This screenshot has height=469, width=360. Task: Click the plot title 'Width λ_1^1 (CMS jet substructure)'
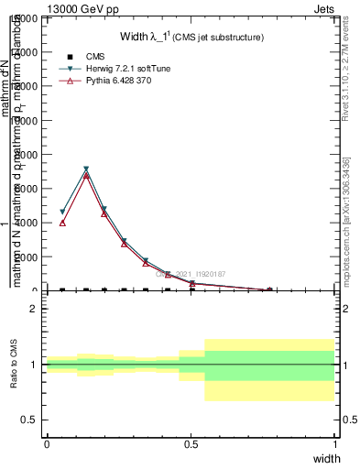click(191, 38)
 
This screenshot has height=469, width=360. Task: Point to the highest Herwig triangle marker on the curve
click(86, 169)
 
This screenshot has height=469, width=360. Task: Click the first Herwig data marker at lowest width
click(62, 212)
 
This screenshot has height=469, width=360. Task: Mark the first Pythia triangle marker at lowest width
click(62, 223)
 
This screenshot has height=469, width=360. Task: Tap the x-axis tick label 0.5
click(191, 443)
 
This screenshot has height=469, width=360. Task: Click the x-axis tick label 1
click(335, 443)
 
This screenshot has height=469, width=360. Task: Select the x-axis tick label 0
click(47, 443)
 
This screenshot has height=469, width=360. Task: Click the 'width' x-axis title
click(327, 457)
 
